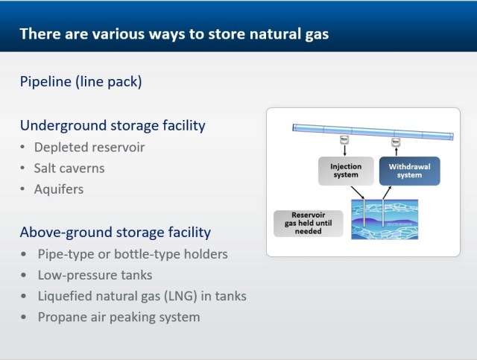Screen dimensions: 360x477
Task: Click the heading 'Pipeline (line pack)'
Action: tap(80, 81)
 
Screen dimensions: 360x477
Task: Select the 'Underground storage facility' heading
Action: tap(113, 125)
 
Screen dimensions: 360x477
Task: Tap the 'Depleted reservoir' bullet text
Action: tap(89, 147)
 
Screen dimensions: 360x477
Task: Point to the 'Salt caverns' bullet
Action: tap(69, 168)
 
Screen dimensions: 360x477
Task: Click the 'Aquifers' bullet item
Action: tap(59, 189)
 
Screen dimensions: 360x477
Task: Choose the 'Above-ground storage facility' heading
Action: tap(116, 232)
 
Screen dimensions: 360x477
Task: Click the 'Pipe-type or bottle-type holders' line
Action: tap(133, 253)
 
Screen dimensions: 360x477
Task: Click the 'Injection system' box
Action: tap(345, 171)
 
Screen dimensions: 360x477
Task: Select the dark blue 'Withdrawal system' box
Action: tap(410, 171)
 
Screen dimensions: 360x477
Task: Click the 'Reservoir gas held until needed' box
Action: tap(306, 222)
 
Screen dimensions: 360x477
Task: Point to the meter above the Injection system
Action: tap(344, 139)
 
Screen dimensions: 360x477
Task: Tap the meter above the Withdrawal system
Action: tap(397, 139)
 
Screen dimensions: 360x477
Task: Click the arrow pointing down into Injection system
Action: tap(344, 150)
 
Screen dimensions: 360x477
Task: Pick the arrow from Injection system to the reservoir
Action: tap(358, 192)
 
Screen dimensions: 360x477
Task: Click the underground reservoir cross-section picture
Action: tap(385, 220)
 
